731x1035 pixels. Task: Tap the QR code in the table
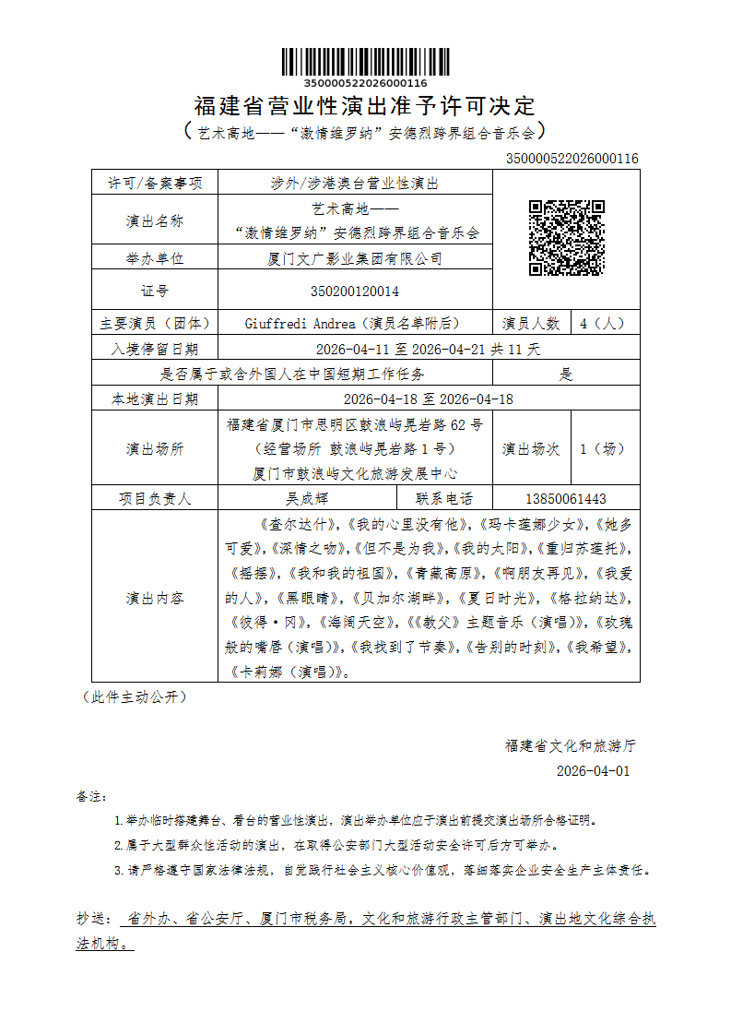point(566,238)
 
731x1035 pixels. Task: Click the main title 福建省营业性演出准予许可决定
point(365,106)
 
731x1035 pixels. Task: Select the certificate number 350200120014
point(355,291)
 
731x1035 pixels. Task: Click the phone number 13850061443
point(565,499)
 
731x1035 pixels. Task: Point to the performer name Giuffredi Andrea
point(301,324)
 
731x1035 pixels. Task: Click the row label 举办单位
point(155,259)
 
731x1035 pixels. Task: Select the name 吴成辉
point(307,499)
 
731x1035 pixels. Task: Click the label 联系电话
point(444,499)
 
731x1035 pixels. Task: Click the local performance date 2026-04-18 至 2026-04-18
point(428,399)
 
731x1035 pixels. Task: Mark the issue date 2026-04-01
point(594,771)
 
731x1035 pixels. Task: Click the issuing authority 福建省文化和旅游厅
point(571,745)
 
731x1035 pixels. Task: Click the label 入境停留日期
point(155,350)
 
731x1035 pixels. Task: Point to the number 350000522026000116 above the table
point(572,159)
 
